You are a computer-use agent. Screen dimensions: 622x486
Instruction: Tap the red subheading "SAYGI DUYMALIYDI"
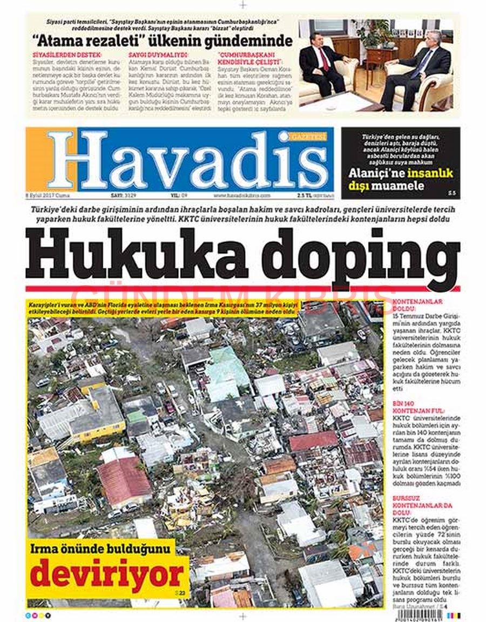click(158, 55)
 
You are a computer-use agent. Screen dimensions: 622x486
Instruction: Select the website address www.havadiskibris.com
click(242, 195)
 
